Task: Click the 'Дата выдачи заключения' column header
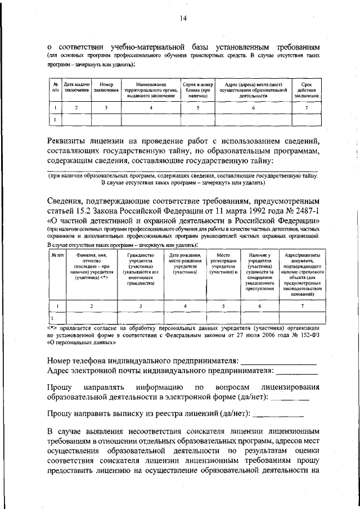coord(76,87)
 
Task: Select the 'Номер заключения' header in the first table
coord(106,87)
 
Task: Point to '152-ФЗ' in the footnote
coord(309,335)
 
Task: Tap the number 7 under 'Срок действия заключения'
coord(307,107)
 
